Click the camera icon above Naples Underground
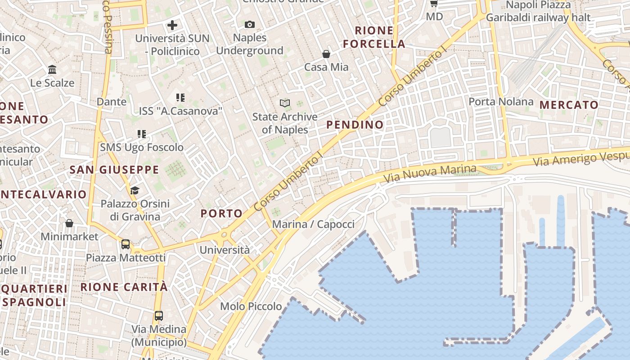point(249,24)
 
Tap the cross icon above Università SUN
point(172,25)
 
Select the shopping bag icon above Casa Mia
point(326,54)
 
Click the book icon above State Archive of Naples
point(284,103)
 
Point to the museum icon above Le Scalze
point(52,70)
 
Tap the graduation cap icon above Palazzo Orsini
point(135,191)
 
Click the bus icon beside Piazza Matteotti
point(126,244)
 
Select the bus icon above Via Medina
point(159,315)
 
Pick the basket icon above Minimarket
point(69,223)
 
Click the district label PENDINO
point(355,125)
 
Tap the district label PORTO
point(221,213)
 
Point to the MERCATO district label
point(569,105)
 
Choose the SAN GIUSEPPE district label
point(114,170)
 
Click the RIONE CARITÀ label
point(124,287)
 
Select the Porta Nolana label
point(501,102)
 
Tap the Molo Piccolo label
point(251,306)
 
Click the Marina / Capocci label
point(314,224)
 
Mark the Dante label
point(112,102)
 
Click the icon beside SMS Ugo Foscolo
point(142,134)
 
